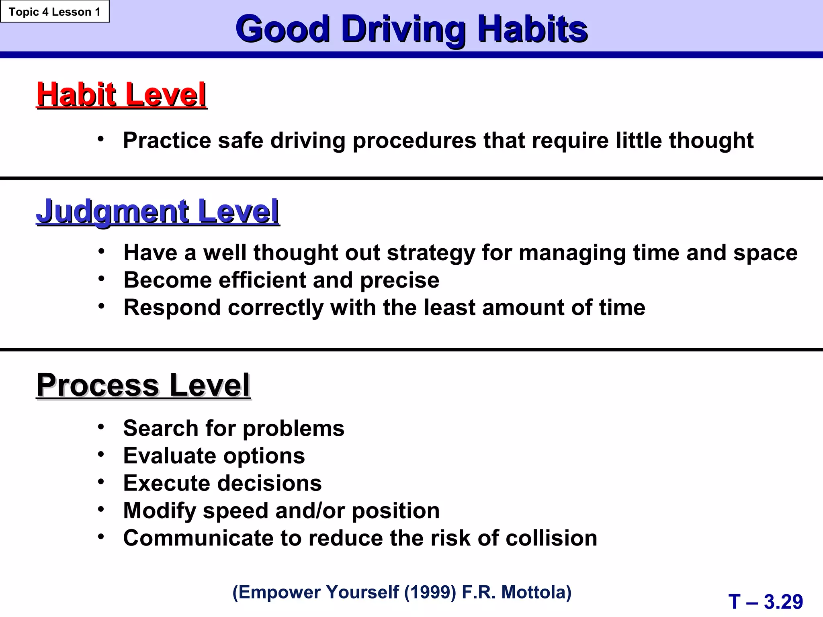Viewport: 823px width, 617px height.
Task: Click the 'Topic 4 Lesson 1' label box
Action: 55,12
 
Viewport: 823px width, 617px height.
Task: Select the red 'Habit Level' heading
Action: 121,95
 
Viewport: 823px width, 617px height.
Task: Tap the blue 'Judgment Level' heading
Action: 158,211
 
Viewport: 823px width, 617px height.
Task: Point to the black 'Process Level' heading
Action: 143,385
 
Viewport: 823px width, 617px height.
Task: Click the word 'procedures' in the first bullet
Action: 414,141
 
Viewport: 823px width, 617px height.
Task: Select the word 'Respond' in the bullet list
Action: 172,308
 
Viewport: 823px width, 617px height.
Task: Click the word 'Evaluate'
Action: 170,456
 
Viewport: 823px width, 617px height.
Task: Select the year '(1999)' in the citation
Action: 430,592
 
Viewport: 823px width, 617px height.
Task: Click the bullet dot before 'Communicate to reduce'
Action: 101,536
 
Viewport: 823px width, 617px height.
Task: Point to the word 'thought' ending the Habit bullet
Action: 711,141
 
